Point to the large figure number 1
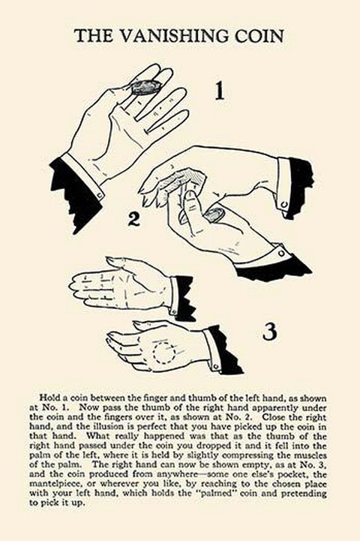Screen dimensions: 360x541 coord(220,91)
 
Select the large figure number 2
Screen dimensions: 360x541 coord(133,218)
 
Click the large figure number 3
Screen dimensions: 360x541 coord(269,331)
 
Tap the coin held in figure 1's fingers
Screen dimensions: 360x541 coord(146,87)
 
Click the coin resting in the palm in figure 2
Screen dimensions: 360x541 coord(214,215)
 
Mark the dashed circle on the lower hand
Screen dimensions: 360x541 coord(163,352)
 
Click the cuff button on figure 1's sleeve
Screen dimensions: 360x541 coord(100,196)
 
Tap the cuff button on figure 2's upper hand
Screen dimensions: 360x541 coord(284,205)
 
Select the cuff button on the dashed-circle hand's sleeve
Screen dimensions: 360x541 coord(216,366)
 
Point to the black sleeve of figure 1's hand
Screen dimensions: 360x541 coord(74,195)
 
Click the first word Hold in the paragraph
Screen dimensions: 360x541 coord(48,398)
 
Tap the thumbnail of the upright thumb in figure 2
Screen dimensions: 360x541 coord(189,197)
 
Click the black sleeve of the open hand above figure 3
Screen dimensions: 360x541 coord(185,296)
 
